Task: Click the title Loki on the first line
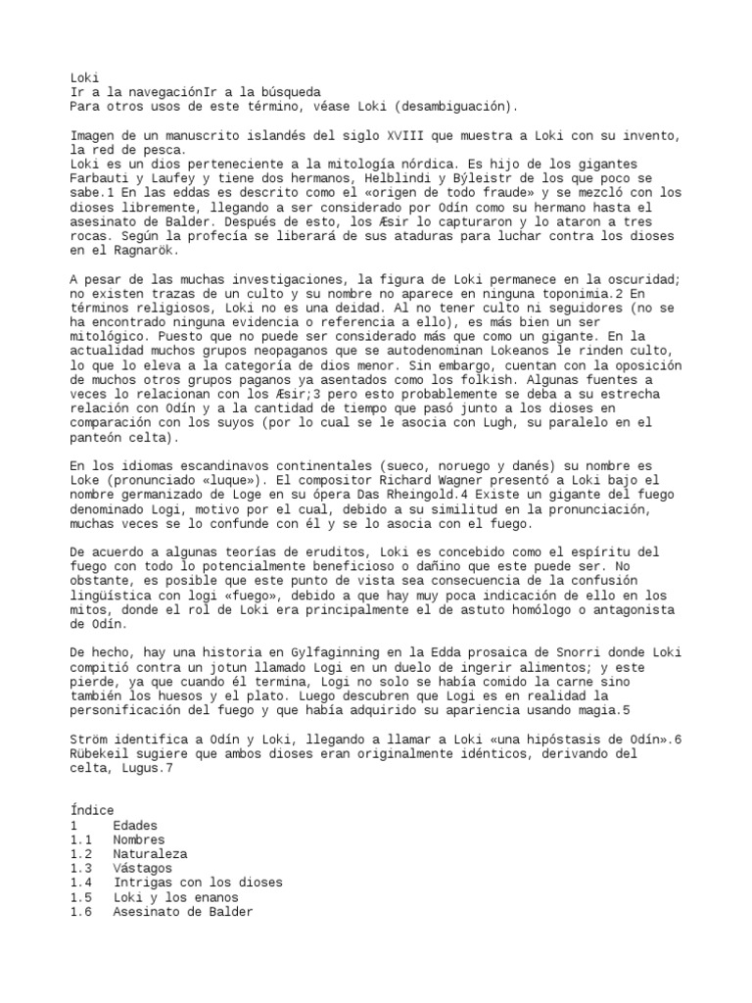click(x=84, y=76)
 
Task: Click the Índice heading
click(x=92, y=811)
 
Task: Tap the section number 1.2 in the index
click(x=81, y=854)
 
